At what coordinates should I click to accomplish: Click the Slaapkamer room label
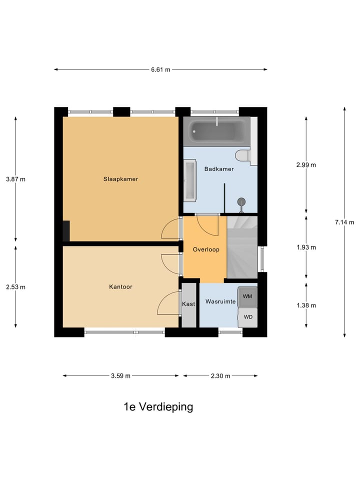[120, 179]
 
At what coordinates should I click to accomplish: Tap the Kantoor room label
[120, 287]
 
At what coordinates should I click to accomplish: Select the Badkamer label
[219, 169]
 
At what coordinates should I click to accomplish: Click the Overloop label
[206, 249]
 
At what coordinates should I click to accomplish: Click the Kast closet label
[188, 304]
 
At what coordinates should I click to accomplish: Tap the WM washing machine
[247, 296]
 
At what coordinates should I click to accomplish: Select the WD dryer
[247, 317]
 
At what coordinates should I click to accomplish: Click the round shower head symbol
[242, 201]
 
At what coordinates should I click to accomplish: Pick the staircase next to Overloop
[242, 246]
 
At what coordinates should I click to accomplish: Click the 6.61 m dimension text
[160, 69]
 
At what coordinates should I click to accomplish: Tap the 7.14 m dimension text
[344, 222]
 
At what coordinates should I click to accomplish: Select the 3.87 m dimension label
[15, 179]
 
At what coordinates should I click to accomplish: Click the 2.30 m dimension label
[220, 376]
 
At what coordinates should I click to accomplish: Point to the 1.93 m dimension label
[306, 247]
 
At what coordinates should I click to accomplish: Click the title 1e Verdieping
[158, 406]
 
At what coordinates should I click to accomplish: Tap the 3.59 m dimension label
[120, 376]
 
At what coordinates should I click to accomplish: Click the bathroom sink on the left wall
[190, 178]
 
